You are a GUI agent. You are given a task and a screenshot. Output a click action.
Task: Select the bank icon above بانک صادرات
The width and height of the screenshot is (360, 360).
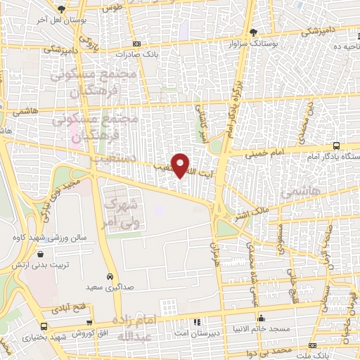136,43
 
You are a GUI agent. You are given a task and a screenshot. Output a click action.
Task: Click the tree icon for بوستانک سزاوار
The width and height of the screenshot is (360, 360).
253,33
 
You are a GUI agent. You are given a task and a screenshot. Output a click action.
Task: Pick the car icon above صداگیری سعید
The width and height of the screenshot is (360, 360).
110,276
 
